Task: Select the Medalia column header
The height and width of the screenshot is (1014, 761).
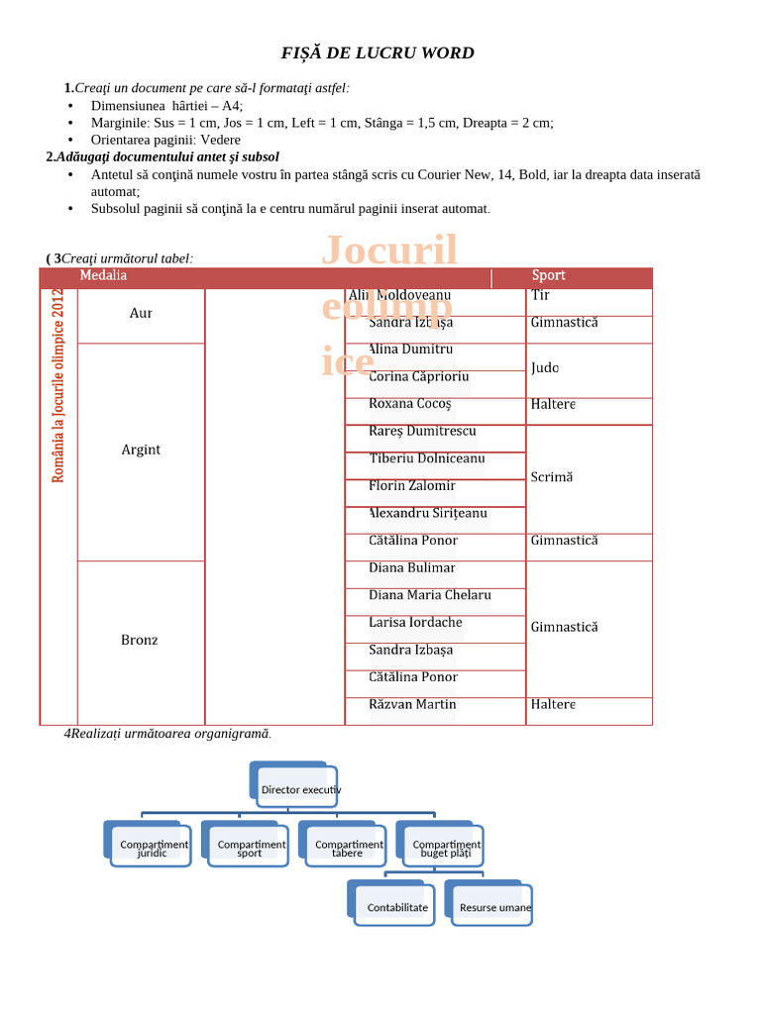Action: coord(103,276)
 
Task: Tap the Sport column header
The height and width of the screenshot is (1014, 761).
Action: coord(548,276)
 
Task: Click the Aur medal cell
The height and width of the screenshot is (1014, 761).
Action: coord(141,314)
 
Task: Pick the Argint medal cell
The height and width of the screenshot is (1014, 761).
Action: coord(141,450)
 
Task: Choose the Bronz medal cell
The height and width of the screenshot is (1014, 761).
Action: coord(140,641)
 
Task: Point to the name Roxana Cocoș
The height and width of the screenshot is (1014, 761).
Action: coord(409,404)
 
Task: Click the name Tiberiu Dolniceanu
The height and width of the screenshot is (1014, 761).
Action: coord(426,458)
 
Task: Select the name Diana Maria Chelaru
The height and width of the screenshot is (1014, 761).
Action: coord(429,595)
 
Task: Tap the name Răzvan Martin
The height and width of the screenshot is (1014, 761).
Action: coord(412,704)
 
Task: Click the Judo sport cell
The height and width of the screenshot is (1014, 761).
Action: coord(544,368)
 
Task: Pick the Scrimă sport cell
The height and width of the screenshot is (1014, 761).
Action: coord(551,477)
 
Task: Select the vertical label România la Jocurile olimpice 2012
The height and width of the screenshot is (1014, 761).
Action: coord(58,386)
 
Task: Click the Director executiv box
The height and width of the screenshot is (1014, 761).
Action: coord(300,789)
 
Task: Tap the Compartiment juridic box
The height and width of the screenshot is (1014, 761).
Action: coord(153,848)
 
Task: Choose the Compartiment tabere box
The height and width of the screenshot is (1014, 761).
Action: coord(348,848)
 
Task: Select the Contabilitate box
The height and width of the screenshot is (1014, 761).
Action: coord(397,907)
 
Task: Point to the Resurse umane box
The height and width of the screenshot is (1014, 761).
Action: coord(494,907)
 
